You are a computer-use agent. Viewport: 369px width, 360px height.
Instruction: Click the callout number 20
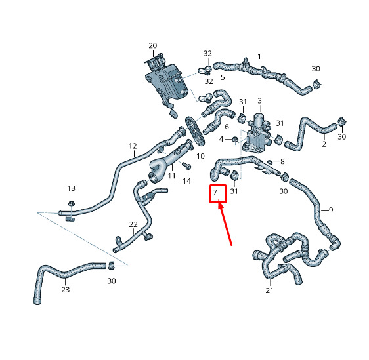pyautogui.click(x=153, y=45)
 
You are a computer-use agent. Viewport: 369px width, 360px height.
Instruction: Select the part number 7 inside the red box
pyautogui.click(x=215, y=192)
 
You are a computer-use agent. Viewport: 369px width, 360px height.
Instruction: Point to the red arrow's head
pyautogui.click(x=221, y=203)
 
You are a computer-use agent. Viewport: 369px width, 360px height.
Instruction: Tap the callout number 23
pyautogui.click(x=66, y=289)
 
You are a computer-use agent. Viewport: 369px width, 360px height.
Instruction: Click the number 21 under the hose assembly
pyautogui.click(x=269, y=290)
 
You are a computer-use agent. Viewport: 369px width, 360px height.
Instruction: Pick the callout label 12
pyautogui.click(x=133, y=146)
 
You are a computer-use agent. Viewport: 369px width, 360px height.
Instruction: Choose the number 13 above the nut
pyautogui.click(x=71, y=188)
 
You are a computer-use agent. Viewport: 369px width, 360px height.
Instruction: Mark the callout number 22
pyautogui.click(x=133, y=224)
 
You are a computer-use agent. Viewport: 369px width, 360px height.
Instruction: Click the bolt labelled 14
pyautogui.click(x=186, y=165)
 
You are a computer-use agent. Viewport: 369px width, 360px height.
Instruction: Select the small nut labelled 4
pyautogui.click(x=234, y=140)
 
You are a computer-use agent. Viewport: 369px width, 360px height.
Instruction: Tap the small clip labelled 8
pyautogui.click(x=271, y=162)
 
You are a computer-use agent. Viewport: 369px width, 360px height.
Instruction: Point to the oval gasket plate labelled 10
pyautogui.click(x=195, y=130)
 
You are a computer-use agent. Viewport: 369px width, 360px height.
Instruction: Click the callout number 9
pyautogui.click(x=331, y=210)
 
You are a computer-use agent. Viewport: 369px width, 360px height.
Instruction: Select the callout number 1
pyautogui.click(x=259, y=56)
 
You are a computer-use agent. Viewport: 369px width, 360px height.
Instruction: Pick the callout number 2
pyautogui.click(x=324, y=144)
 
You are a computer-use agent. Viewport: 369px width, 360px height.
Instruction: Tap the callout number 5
pyautogui.click(x=223, y=77)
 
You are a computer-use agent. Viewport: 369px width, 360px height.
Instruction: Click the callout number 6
pyautogui.click(x=227, y=127)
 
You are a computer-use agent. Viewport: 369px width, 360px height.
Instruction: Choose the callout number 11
pyautogui.click(x=171, y=176)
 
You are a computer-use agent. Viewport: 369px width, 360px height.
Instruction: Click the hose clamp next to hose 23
pyautogui.click(x=112, y=266)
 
